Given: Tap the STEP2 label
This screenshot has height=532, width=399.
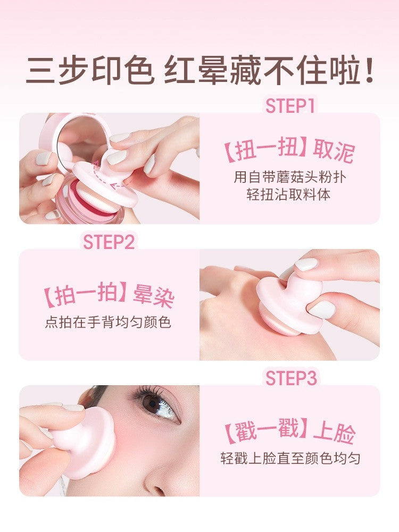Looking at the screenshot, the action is (109, 242).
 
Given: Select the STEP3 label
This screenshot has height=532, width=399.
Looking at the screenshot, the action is (291, 378).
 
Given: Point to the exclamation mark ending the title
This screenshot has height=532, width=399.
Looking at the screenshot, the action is (370, 69).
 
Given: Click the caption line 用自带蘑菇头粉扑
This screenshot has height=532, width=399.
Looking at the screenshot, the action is (290, 177).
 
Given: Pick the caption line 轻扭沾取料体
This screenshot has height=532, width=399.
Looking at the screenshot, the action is (288, 194).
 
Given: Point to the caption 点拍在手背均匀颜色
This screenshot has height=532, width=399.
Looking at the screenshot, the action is (108, 322).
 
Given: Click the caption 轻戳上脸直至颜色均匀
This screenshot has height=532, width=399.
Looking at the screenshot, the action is (290, 459).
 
